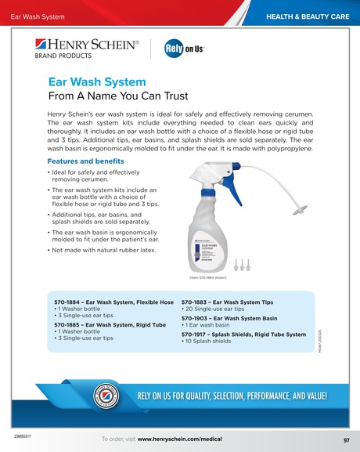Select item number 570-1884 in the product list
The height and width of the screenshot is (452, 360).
click(x=68, y=301)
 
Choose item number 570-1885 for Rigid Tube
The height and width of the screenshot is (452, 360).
click(x=68, y=324)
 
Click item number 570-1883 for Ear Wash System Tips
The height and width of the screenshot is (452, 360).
click(x=196, y=301)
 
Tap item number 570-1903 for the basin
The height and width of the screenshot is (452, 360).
click(x=196, y=318)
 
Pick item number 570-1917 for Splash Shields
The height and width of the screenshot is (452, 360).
click(x=196, y=335)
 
